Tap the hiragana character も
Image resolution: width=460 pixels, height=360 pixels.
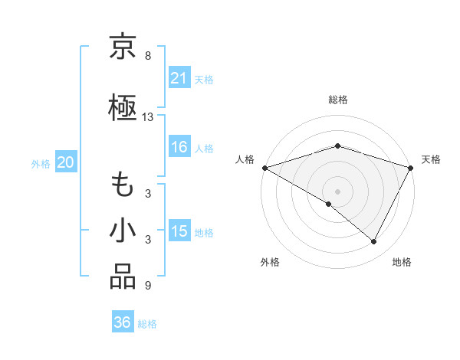tap(123, 186)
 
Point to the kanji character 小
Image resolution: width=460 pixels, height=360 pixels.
tap(123, 231)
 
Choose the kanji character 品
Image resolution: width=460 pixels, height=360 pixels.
tap(123, 277)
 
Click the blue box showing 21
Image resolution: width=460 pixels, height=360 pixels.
tap(179, 78)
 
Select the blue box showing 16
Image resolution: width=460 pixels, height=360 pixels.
tap(179, 147)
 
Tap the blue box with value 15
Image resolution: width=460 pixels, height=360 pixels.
tap(179, 231)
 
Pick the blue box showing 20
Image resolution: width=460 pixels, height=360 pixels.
tap(65, 162)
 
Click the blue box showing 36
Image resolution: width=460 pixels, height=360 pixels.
tap(122, 322)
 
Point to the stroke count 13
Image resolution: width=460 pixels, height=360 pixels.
tap(148, 117)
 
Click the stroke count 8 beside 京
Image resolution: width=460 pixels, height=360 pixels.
tap(147, 56)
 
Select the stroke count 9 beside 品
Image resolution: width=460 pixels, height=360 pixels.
tap(147, 286)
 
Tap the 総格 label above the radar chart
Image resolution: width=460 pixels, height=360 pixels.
tap(337, 100)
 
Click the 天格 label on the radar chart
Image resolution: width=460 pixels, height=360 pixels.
tap(431, 159)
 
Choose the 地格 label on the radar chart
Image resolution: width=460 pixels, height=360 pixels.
tap(402, 262)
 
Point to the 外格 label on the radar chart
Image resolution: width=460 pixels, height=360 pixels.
tap(270, 262)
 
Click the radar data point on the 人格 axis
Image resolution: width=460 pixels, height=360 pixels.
tap(264, 167)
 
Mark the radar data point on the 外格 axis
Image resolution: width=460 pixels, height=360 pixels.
tap(329, 204)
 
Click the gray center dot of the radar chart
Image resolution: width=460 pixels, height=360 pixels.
tap(337, 191)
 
